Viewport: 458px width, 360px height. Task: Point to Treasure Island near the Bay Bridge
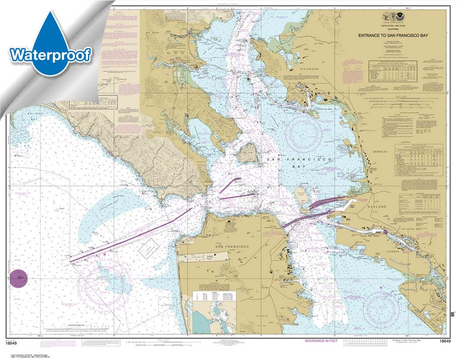(x=302, y=194)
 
